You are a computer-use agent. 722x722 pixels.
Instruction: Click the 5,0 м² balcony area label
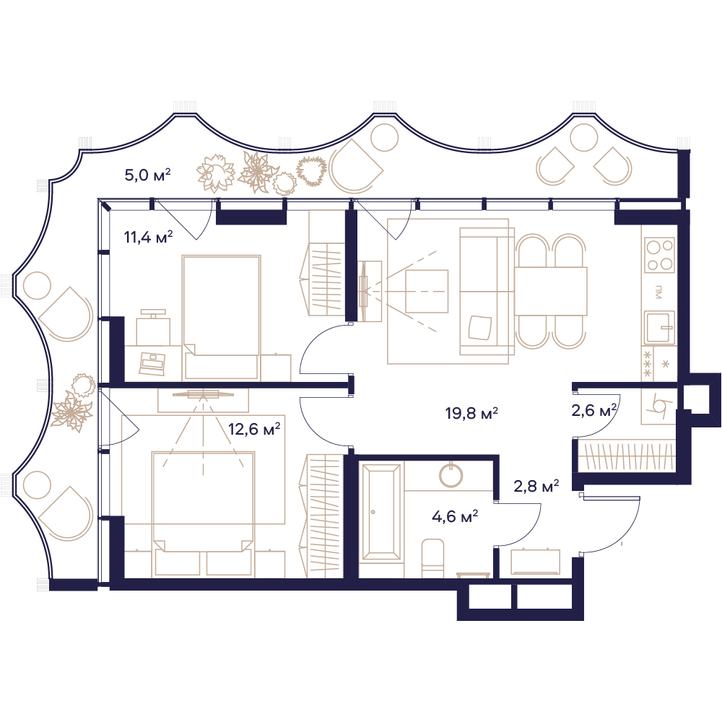[148, 175]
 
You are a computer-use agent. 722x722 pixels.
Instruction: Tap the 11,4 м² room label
[148, 237]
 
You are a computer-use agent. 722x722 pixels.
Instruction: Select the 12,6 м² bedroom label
[254, 430]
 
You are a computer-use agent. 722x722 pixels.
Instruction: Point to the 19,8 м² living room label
[471, 413]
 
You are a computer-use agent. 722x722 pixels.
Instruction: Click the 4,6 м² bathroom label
[454, 516]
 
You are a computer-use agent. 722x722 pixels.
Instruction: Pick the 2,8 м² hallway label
[536, 486]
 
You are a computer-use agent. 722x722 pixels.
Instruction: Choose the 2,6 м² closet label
[594, 410]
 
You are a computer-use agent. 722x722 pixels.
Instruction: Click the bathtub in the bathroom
[380, 510]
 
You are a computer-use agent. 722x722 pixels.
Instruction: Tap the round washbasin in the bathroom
[451, 475]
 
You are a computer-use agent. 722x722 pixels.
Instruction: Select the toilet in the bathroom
[432, 559]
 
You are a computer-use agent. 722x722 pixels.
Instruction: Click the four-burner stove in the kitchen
[659, 255]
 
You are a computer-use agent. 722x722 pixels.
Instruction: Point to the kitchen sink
[659, 327]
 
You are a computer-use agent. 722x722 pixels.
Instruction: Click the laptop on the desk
[152, 363]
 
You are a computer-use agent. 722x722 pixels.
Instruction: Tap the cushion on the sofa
[480, 327]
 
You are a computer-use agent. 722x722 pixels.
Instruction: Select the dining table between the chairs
[551, 292]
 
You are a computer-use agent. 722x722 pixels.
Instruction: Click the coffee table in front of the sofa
[427, 292]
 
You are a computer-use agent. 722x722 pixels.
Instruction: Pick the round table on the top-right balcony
[583, 137]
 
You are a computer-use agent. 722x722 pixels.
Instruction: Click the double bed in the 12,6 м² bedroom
[203, 501]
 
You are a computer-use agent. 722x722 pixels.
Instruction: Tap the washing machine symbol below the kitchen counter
[658, 406]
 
